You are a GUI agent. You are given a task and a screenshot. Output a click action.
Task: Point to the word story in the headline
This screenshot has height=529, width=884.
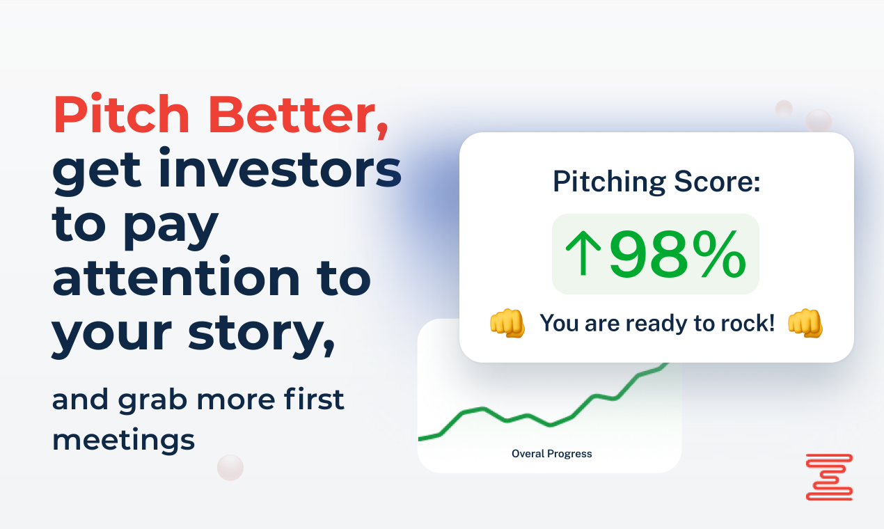pos(267,333)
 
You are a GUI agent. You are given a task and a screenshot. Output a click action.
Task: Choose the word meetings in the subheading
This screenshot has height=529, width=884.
pos(123,439)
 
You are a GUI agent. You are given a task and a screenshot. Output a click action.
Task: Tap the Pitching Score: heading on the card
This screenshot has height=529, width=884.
pos(656,182)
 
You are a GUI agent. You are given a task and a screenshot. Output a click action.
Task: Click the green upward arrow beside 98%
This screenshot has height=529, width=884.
pos(583,255)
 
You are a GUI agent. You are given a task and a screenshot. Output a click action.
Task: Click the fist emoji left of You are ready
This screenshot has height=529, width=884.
pos(507,324)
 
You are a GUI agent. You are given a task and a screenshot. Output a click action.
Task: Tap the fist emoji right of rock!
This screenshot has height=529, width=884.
pos(805,324)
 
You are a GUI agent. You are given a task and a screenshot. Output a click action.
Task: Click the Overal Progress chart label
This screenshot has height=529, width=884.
pos(551,454)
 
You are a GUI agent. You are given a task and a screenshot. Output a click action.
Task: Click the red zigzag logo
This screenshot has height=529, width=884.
pos(829,477)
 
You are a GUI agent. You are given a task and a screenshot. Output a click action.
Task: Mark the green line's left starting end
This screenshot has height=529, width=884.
pos(420,439)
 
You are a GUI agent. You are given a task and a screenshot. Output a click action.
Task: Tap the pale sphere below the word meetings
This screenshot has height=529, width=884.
pos(230,467)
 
